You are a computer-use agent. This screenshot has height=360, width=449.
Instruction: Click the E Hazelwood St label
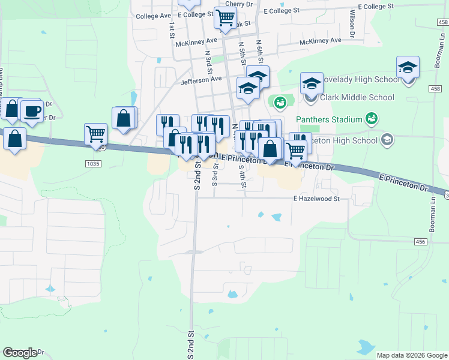(x=316, y=199)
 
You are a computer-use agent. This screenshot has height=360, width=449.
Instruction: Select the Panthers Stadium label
(x=330, y=119)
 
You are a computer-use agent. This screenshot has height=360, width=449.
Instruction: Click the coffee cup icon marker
(x=32, y=110)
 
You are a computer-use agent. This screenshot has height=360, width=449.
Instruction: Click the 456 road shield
(x=421, y=241)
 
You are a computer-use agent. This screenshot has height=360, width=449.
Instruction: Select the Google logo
(x=20, y=353)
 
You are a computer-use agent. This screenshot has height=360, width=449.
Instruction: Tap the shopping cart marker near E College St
(x=225, y=18)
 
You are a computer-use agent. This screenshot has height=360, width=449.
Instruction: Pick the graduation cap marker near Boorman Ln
(x=408, y=68)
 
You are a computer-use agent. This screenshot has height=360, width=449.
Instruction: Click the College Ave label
(x=154, y=16)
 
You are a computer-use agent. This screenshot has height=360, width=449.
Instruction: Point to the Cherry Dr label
(x=239, y=4)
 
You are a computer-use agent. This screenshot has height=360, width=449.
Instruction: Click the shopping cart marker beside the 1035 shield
(x=96, y=134)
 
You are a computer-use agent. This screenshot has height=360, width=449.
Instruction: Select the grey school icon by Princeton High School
(x=387, y=140)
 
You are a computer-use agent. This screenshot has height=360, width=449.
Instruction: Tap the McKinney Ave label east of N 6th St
(x=321, y=40)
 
